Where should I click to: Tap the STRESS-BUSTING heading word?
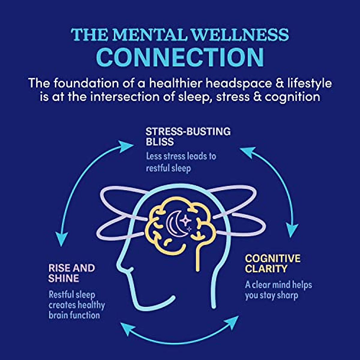tap(188, 132)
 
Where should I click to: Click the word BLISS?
tap(160, 142)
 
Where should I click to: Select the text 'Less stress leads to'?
tap(181, 156)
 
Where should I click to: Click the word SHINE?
tap(64, 278)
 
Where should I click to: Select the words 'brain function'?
tap(74, 315)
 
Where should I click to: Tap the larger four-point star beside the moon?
tap(186, 220)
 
